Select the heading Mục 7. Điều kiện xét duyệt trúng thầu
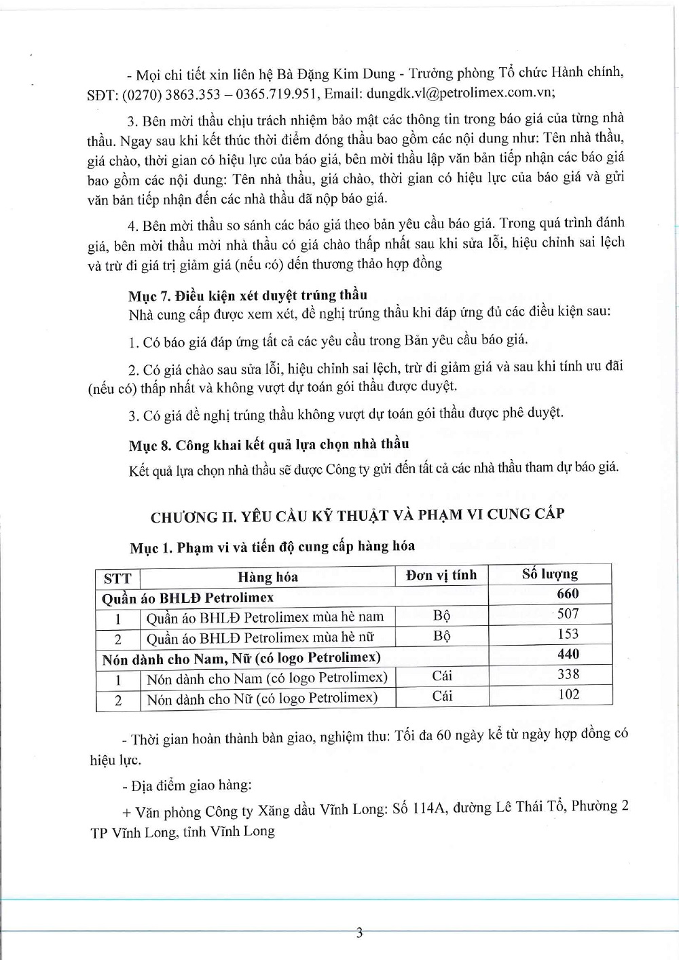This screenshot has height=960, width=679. [248, 295]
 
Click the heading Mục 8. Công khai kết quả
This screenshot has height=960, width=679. [269, 445]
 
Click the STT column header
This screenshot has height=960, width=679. [117, 578]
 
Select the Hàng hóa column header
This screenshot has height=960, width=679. [268, 577]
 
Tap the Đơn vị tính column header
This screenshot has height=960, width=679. [441, 575]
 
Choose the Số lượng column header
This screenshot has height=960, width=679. [550, 574]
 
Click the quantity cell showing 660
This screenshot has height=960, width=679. [568, 594]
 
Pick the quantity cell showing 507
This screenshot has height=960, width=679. [568, 614]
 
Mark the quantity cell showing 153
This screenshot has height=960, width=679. [568, 634]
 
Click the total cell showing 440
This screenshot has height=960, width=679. [568, 654]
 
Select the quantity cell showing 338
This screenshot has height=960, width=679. [568, 674]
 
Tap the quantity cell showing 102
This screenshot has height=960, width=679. [568, 695]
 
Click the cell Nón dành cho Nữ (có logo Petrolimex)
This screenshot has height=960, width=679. [262, 698]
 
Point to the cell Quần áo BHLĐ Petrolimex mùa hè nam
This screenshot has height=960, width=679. [265, 617]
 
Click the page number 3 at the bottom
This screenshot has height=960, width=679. [360, 932]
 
